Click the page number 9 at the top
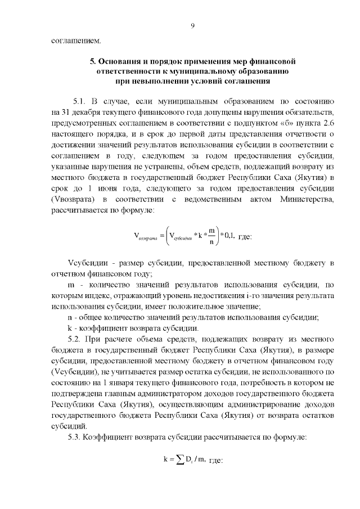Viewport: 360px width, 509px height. click(x=192, y=25)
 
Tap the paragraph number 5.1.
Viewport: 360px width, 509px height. click(x=82, y=101)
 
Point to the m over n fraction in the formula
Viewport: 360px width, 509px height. click(x=210, y=236)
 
